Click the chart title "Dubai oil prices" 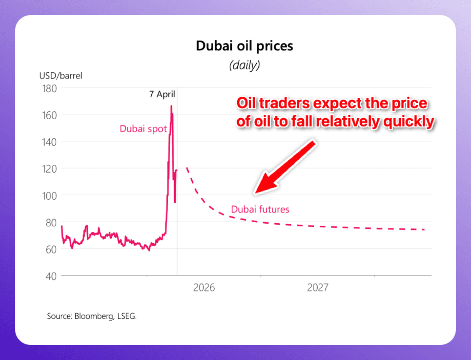(x=245, y=46)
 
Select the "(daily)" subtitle (x=245, y=65)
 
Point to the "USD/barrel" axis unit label (x=61, y=76)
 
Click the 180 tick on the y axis (x=49, y=89)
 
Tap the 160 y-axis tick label (x=49, y=116)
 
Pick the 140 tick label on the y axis (x=49, y=142)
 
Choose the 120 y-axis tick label (x=49, y=169)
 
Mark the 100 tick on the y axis (x=49, y=196)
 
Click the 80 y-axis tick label (x=51, y=223)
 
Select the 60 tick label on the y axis (x=51, y=250)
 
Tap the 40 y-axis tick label (x=51, y=276)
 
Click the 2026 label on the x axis (x=204, y=288)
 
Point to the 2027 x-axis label (x=318, y=288)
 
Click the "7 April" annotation (x=162, y=94)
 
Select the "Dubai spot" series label (x=143, y=129)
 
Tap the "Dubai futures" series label (x=260, y=209)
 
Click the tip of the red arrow (x=255, y=194)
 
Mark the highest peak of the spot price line (x=171, y=106)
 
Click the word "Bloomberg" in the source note (x=94, y=316)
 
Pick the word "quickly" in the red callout (x=409, y=121)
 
